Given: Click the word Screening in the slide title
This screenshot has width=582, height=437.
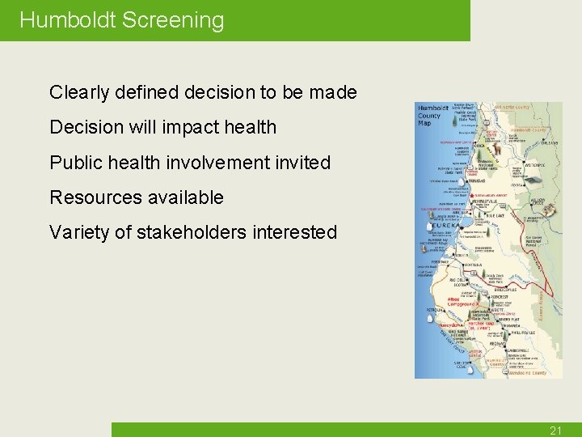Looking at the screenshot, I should click(x=173, y=20).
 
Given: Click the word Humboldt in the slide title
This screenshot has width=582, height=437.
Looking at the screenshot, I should click(x=68, y=20).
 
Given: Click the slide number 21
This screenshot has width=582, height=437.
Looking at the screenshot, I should click(x=555, y=431).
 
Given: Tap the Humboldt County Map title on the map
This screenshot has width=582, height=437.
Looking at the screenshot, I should click(x=430, y=116).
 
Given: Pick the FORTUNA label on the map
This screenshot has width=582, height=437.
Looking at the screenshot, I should click(x=473, y=265).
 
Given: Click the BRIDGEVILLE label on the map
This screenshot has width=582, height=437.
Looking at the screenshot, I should click(x=508, y=288).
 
